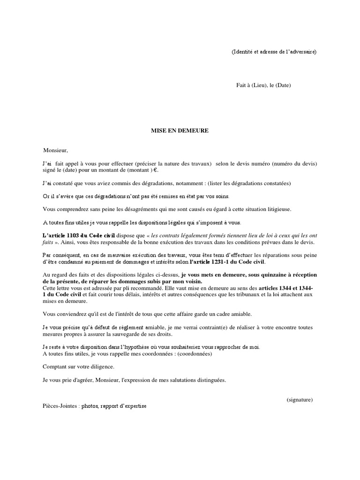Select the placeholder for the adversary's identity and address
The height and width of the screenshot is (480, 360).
point(274,52)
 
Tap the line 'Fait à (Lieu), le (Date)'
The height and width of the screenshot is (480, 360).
point(263,85)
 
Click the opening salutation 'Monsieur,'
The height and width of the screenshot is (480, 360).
point(55,150)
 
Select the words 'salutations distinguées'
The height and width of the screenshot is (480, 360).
point(197,380)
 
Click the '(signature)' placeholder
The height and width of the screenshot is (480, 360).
point(300,399)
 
